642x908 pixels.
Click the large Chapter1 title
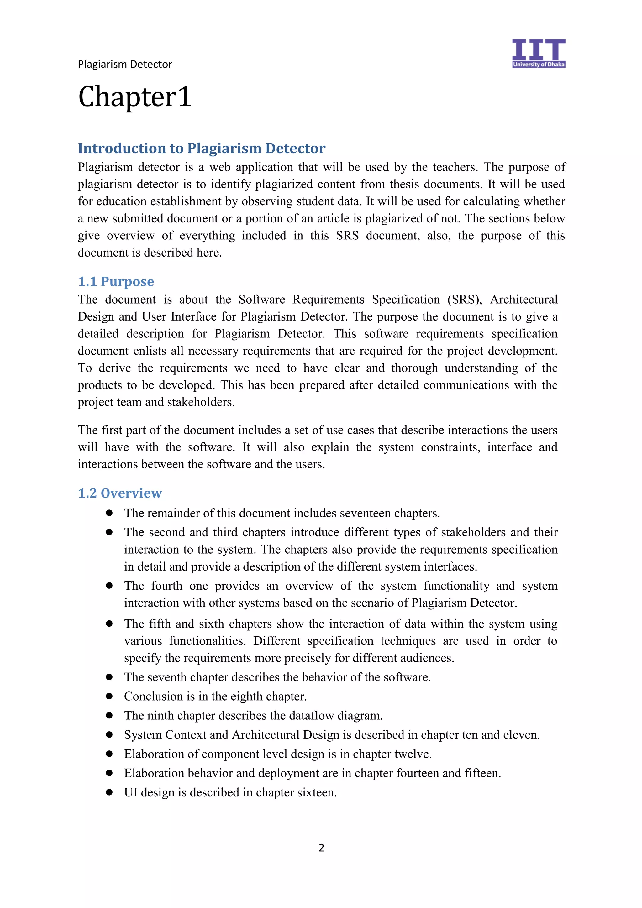pyautogui.click(x=134, y=97)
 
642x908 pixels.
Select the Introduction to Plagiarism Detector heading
pyautogui.click(x=201, y=148)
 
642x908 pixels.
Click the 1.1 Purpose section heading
pyautogui.click(x=116, y=282)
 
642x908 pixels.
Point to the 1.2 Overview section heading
pyautogui.click(x=120, y=493)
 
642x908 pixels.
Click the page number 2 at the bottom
pyautogui.click(x=321, y=848)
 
